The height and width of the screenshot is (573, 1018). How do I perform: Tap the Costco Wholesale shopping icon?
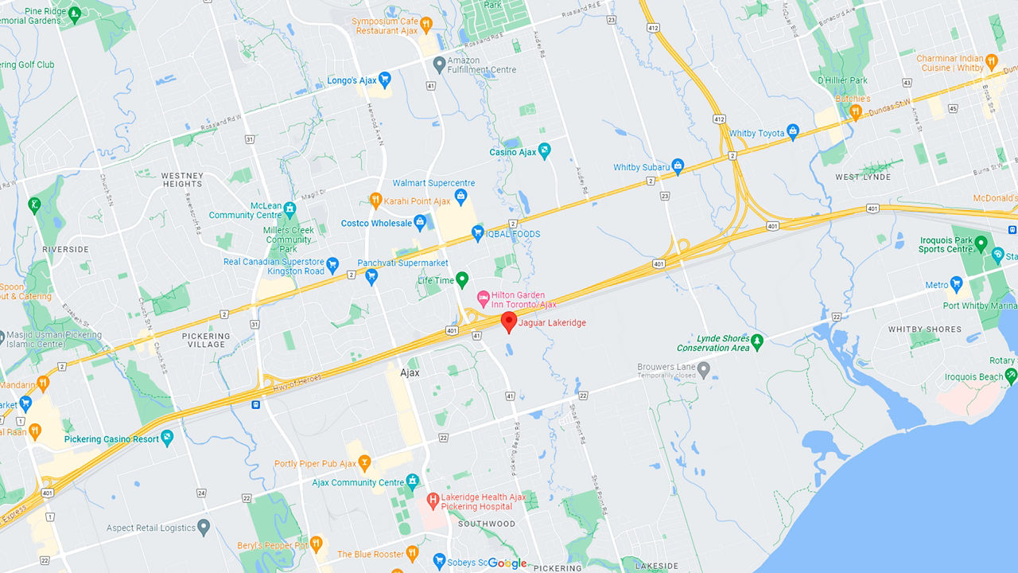click(420, 223)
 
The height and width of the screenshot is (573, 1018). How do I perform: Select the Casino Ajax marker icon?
click(544, 151)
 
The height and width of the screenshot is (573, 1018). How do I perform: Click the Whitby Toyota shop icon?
click(792, 132)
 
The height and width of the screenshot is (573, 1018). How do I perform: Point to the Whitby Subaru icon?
click(678, 166)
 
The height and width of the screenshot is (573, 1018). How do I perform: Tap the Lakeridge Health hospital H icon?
click(433, 501)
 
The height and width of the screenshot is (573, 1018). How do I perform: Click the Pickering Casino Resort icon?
click(166, 438)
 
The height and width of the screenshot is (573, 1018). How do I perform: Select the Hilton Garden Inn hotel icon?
click(482, 298)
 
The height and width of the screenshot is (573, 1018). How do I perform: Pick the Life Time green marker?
click(461, 280)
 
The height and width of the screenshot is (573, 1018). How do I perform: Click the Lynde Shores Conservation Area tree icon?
click(757, 342)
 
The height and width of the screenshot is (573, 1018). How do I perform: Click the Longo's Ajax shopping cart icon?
click(384, 80)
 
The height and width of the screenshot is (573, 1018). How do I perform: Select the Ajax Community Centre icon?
click(412, 481)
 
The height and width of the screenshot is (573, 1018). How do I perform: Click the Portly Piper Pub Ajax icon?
click(364, 463)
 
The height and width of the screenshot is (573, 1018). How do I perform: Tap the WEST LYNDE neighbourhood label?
click(863, 177)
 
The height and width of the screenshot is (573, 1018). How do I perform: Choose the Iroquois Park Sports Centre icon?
click(981, 244)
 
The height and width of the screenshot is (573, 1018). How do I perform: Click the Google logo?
click(507, 563)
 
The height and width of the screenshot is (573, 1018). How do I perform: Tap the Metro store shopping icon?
click(956, 284)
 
